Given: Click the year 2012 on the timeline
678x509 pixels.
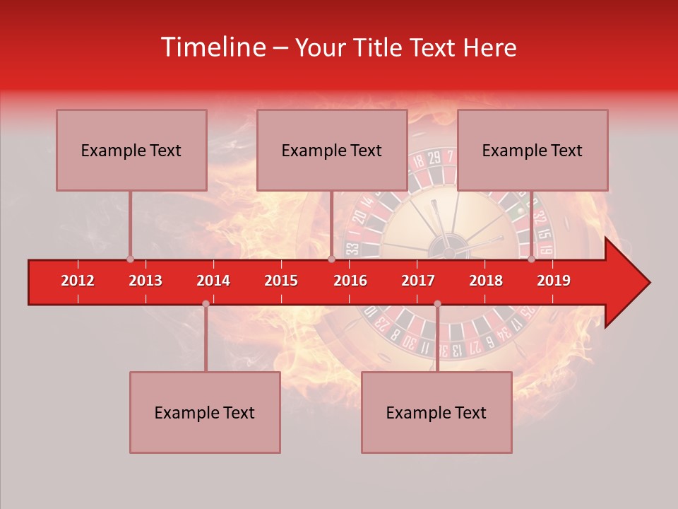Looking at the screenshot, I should pos(78,281).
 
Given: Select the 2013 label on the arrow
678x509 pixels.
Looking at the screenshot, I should pos(145,281).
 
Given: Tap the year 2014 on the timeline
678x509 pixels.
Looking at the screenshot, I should pos(213,281).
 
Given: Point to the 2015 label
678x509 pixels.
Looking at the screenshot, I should pos(281,281).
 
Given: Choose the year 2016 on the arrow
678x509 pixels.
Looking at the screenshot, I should pos(350,281).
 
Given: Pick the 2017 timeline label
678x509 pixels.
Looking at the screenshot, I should pos(418,281).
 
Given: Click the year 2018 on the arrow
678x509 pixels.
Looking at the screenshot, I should pos(486,281).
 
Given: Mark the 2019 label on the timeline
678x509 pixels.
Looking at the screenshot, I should pos(554,281).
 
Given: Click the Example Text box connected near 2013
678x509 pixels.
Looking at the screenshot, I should pos(131,150).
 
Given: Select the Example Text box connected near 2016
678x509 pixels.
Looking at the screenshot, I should pos(332,150).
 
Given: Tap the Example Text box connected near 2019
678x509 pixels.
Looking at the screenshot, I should pos(533,150).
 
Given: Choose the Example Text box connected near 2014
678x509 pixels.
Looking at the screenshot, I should pos(205,412).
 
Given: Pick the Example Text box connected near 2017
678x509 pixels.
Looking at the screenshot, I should pos(436,412).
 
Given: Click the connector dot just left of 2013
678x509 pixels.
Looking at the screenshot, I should pos(130,259).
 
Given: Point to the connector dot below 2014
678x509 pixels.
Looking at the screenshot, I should pos(206,303).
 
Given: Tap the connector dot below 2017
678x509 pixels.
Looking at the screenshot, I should pos(437,303).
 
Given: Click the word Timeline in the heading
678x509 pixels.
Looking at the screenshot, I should pos(212,47).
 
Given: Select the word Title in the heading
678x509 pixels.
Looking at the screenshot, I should pos(376,47).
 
